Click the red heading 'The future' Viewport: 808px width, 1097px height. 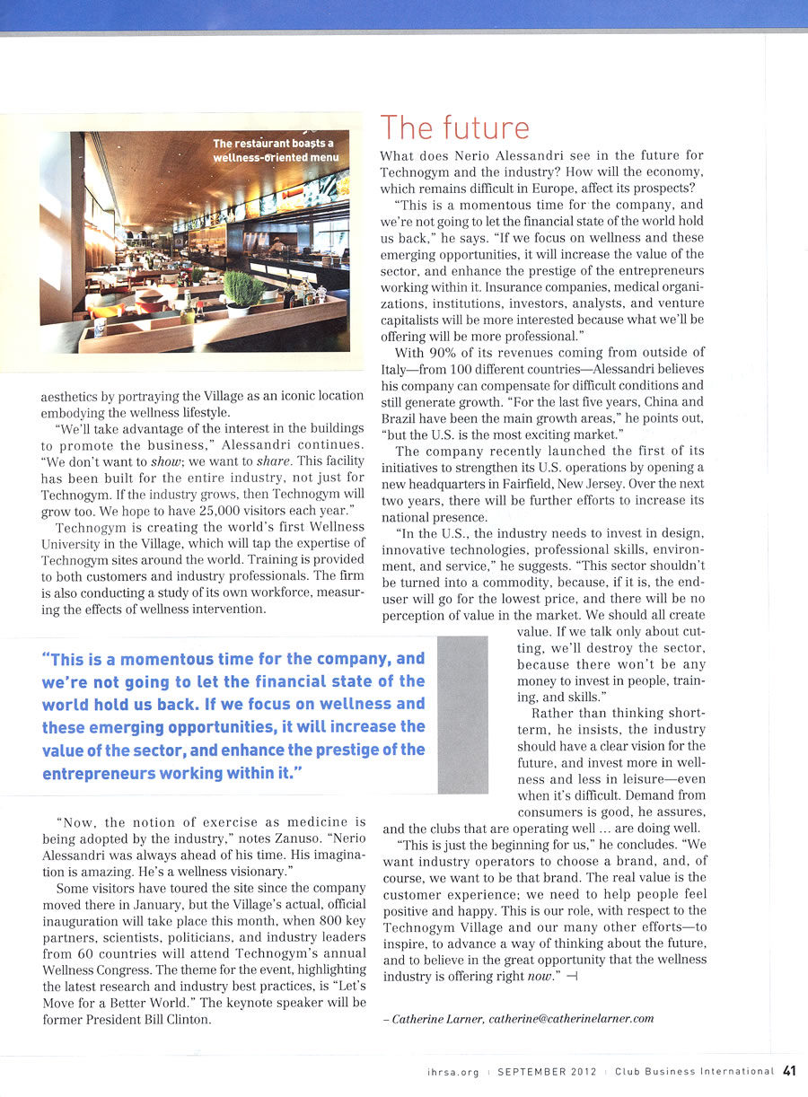coord(455,128)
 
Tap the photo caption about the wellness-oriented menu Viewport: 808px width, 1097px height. coord(273,151)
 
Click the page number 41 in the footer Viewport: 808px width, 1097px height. coord(790,1070)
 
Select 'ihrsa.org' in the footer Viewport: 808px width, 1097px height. coord(454,1071)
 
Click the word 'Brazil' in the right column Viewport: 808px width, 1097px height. coord(400,418)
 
